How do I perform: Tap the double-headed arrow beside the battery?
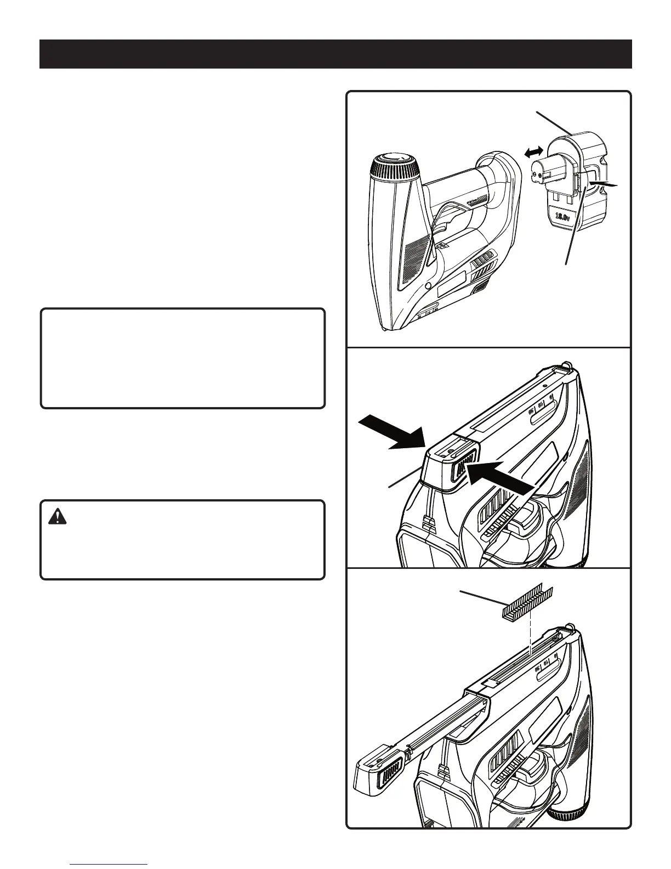(x=534, y=153)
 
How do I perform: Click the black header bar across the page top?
(x=336, y=54)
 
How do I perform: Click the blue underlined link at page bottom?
(x=109, y=865)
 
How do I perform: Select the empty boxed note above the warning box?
(x=183, y=358)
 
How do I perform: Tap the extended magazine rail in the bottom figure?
(x=433, y=730)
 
